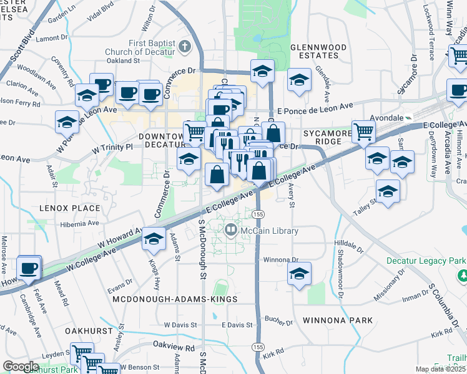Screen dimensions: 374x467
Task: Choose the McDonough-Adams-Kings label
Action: point(175,300)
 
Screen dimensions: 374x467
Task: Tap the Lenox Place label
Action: point(69,208)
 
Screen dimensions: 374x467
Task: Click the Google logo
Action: point(21,367)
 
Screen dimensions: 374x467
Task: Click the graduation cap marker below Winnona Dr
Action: point(300,274)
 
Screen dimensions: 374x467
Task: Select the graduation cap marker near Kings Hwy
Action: point(154,239)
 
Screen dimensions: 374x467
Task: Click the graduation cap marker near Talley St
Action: point(388,190)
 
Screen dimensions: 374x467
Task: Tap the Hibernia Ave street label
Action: point(79,223)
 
